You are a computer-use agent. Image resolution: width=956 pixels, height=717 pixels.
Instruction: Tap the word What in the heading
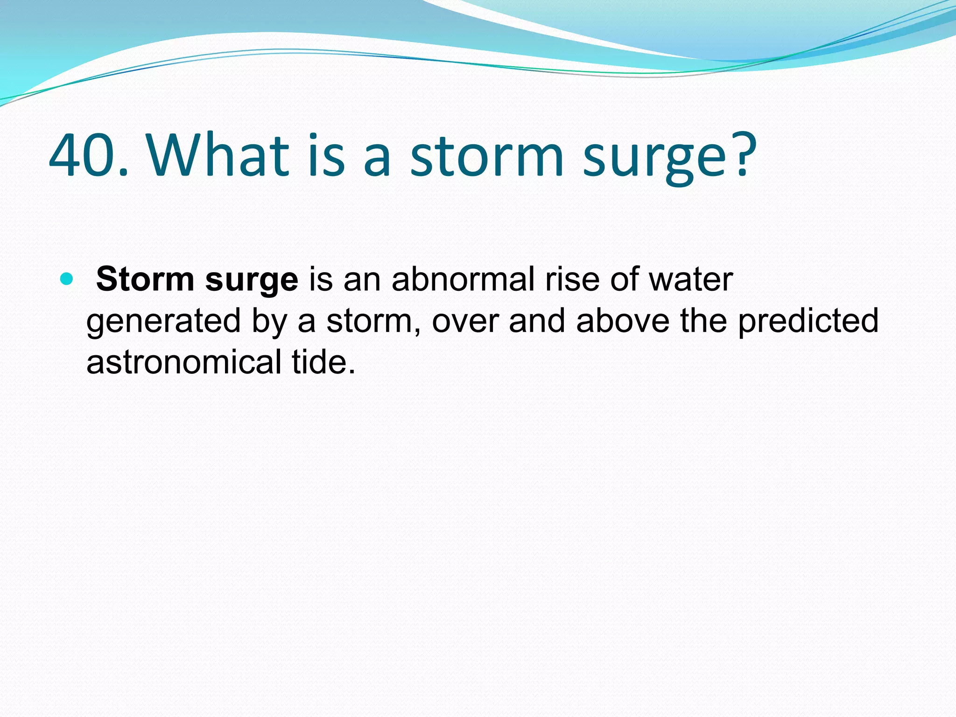pos(218,156)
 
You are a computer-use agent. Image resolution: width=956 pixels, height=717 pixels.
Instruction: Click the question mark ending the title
pos(743,156)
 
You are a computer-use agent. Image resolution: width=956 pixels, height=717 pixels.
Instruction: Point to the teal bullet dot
pos(67,279)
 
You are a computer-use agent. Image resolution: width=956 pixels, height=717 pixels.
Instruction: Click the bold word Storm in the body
pos(145,279)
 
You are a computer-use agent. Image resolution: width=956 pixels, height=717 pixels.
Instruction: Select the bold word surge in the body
pos(252,282)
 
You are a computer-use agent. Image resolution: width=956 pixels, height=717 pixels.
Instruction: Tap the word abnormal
pos(462,279)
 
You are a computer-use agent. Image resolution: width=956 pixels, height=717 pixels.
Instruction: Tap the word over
pos(465,321)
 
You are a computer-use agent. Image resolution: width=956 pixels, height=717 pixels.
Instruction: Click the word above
pos(622,321)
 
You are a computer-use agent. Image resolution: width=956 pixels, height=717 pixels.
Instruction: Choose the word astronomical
pos(183,362)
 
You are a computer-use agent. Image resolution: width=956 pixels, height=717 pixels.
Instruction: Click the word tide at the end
pos(323,362)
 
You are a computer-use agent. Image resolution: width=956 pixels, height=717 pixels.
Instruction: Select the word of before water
pos(625,279)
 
